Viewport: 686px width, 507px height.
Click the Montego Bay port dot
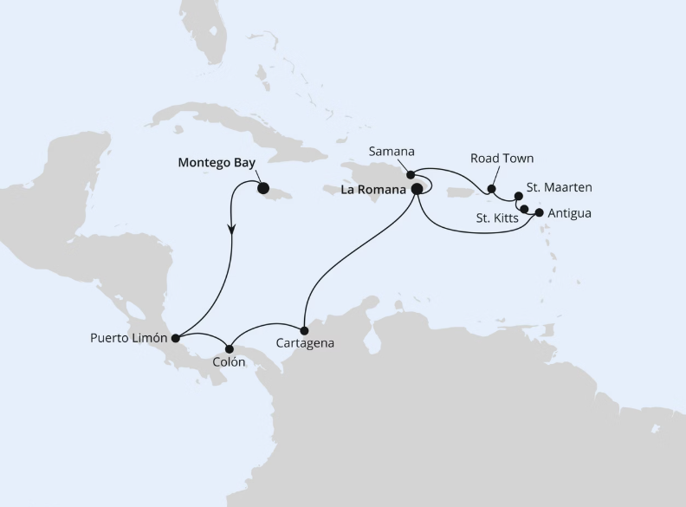click(262, 188)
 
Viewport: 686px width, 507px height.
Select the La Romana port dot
click(417, 188)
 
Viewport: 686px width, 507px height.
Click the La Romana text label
click(373, 188)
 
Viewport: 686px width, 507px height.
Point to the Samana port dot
click(411, 174)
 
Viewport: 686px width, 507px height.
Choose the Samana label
click(391, 152)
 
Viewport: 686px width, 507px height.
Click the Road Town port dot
click(491, 189)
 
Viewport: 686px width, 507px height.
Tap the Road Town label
click(502, 159)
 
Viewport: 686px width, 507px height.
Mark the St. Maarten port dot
click(519, 196)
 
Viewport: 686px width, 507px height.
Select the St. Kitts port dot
click(525, 209)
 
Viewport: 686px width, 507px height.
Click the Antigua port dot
click(540, 212)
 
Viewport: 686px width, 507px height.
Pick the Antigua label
click(570, 212)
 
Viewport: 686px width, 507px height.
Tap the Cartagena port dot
click(304, 330)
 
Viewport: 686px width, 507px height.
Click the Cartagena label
click(304, 344)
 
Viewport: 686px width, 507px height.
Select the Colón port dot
click(230, 348)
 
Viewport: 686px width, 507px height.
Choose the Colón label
click(229, 362)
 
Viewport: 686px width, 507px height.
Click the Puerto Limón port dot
click(175, 338)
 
